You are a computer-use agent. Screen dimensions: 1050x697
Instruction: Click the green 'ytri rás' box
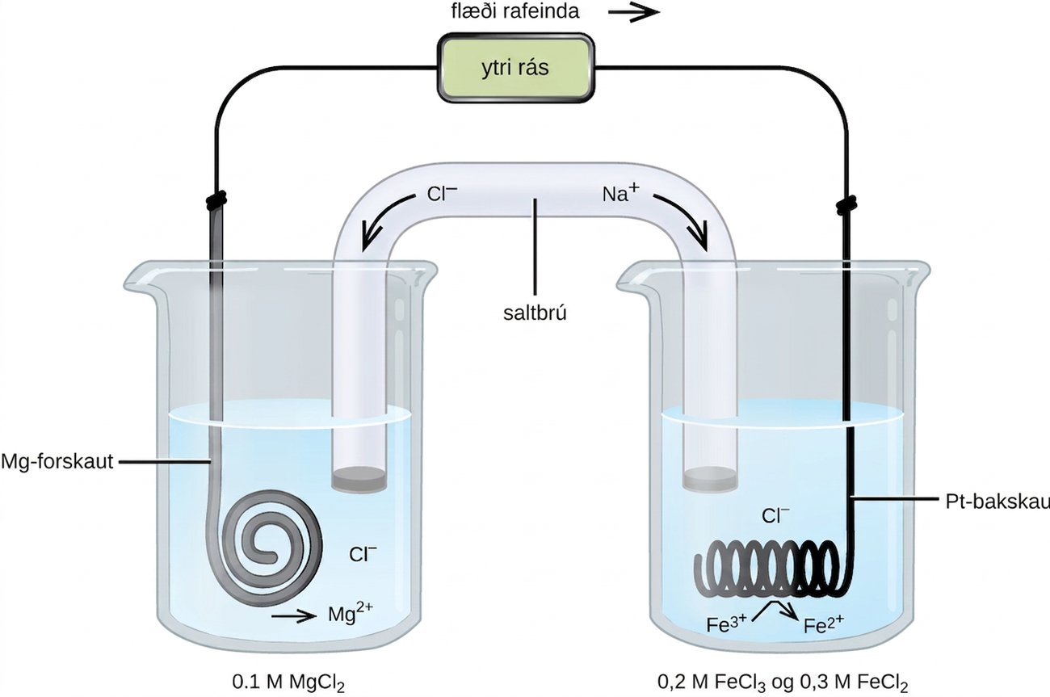(x=516, y=68)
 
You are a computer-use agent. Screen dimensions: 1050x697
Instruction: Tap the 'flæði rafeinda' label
(x=515, y=12)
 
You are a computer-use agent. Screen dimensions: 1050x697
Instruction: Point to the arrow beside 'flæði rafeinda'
(x=634, y=12)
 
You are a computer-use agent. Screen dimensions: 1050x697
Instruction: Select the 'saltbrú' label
(x=535, y=313)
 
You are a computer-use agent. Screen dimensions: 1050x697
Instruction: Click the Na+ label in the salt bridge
(x=620, y=192)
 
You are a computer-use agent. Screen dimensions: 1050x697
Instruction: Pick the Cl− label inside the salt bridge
(x=442, y=193)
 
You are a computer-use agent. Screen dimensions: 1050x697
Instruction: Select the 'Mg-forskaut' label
(x=57, y=462)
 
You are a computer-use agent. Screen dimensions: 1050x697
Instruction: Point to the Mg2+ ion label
(x=351, y=613)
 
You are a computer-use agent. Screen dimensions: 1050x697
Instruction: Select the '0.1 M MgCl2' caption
(x=288, y=682)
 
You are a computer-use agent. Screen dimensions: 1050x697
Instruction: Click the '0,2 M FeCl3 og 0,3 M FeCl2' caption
(x=783, y=682)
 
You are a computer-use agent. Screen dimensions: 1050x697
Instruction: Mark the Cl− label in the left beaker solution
(x=363, y=554)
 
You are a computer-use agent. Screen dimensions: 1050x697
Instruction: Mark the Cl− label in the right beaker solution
(x=775, y=515)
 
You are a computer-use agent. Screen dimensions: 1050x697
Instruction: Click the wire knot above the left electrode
(x=216, y=200)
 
